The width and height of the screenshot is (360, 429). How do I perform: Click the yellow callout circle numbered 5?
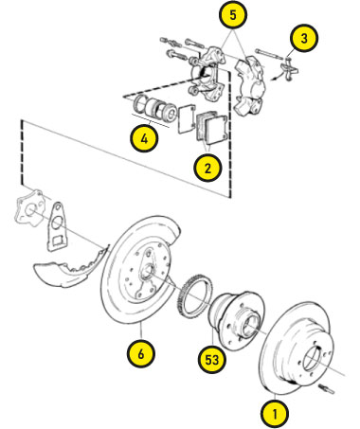[x=233, y=15]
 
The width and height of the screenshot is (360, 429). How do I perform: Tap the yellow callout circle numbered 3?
[x=303, y=39]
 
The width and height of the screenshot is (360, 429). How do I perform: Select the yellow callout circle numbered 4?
[x=144, y=138]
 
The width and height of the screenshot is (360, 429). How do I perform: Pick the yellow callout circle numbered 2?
[x=207, y=168]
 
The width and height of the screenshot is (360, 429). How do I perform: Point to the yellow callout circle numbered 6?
[x=141, y=353]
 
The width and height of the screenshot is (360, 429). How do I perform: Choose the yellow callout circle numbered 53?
[x=212, y=359]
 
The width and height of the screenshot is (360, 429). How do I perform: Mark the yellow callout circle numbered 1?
[x=275, y=414]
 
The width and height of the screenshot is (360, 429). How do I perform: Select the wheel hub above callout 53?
[x=237, y=319]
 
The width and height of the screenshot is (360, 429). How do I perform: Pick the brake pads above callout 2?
[x=211, y=127]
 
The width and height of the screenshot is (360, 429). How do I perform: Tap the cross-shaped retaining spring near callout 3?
[x=289, y=69]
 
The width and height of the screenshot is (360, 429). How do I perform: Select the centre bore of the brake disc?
[x=314, y=359]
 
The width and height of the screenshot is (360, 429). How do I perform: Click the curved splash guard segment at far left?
[x=71, y=268]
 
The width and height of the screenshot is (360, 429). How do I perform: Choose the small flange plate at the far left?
[x=29, y=208]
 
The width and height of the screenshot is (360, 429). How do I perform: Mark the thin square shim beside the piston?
[x=187, y=119]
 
